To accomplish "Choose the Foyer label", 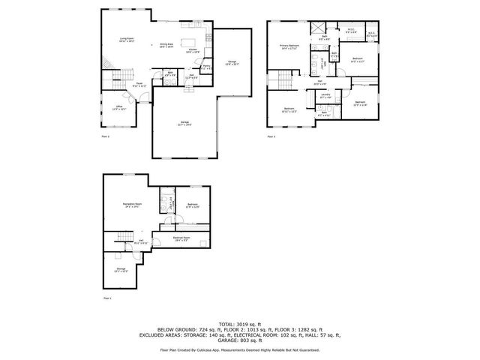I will (x=139, y=84).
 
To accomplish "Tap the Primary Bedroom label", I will (x=289, y=47).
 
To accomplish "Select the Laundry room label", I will (x=325, y=96).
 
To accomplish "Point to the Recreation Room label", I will (x=133, y=205).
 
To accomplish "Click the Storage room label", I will (x=121, y=268).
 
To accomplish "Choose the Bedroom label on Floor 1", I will (x=193, y=205).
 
